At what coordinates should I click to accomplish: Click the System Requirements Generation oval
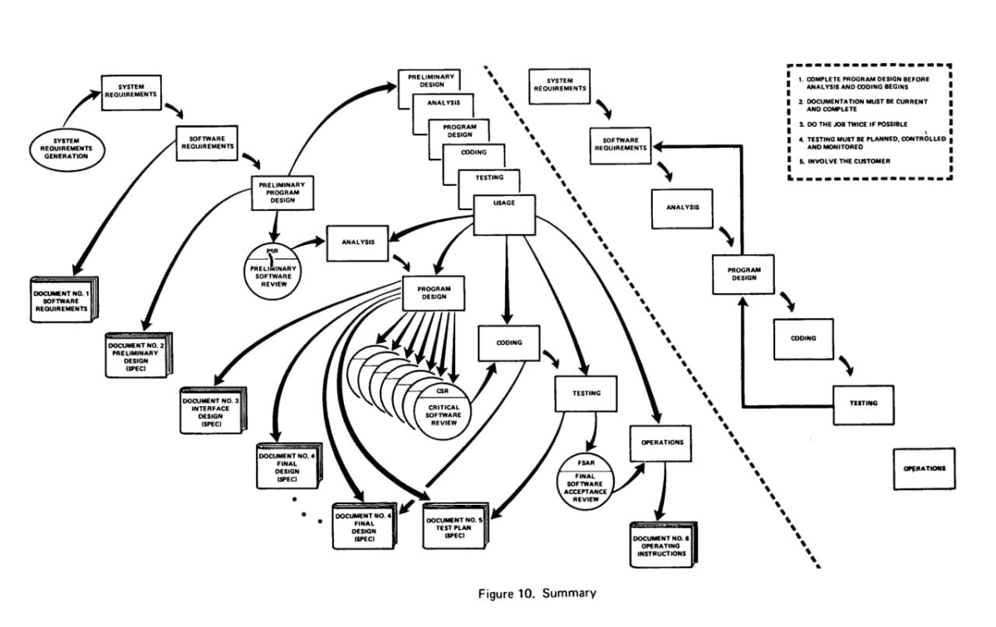tap(66, 149)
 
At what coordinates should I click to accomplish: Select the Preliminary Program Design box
tap(282, 193)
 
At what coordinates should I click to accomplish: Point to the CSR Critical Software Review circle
tap(443, 409)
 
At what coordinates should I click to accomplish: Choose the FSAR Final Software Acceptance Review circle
tap(585, 482)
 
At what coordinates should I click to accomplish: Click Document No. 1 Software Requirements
tap(63, 300)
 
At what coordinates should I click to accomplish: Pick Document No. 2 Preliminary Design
tap(138, 355)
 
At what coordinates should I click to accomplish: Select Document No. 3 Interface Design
tap(213, 411)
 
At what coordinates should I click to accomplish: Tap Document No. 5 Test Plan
tap(455, 527)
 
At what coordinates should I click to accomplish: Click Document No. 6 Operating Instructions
tap(663, 545)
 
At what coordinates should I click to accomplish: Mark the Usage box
tap(505, 215)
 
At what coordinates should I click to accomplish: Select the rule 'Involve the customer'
tap(844, 161)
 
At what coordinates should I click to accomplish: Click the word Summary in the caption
tap(569, 593)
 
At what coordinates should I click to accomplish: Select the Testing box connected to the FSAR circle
tap(586, 394)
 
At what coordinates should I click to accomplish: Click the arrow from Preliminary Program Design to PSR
tap(276, 226)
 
